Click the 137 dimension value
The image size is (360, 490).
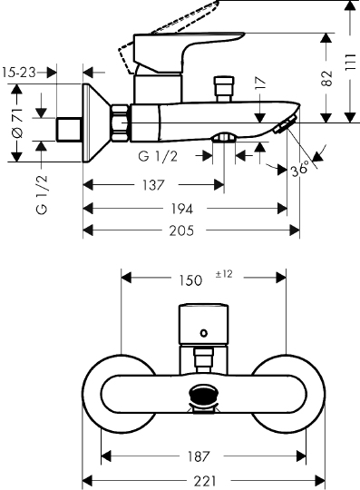pos(153,185)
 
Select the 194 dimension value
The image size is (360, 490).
pos(181,209)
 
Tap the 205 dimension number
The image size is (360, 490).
pos(181,230)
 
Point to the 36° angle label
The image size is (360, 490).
pos(300,170)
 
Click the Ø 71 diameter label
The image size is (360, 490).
pos(17,122)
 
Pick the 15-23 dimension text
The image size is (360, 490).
pos(19,73)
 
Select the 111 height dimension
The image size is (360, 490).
pos(351,63)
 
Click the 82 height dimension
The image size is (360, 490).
pos(327,78)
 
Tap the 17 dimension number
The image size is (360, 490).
pos(260,83)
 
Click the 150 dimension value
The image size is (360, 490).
pos(190,280)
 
